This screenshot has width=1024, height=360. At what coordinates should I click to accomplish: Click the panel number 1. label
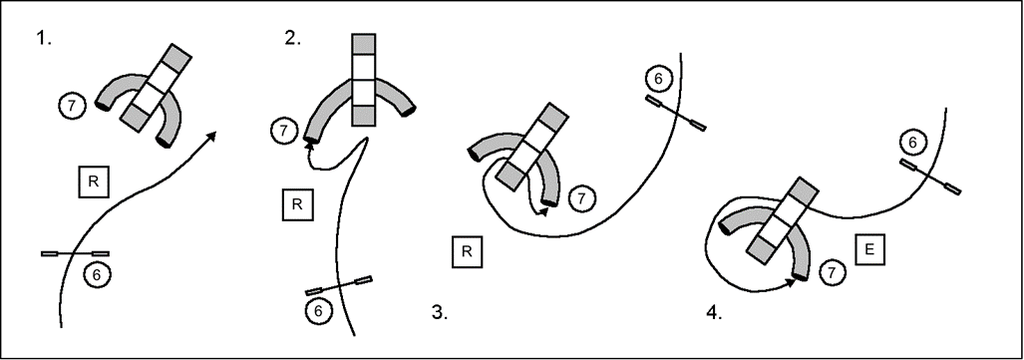click(x=44, y=39)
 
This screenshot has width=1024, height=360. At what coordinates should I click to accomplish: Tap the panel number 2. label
click(x=293, y=39)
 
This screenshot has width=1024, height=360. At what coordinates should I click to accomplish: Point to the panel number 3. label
click(x=440, y=312)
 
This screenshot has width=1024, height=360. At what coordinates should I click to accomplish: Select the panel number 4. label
click(x=715, y=312)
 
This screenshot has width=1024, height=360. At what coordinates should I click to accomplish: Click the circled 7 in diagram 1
click(x=71, y=106)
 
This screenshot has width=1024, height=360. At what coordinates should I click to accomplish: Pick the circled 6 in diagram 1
click(x=97, y=275)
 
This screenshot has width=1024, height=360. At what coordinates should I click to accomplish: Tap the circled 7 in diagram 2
click(x=283, y=131)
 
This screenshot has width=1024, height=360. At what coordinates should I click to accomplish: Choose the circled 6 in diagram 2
click(x=318, y=311)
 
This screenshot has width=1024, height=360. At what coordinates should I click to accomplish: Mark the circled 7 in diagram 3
click(x=582, y=198)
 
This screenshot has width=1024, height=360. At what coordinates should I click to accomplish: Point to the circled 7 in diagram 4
click(x=832, y=273)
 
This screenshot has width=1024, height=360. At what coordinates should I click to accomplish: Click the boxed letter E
click(x=869, y=249)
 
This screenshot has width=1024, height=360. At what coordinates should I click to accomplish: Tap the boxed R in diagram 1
click(x=94, y=182)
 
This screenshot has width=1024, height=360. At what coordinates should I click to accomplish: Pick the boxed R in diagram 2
click(x=297, y=204)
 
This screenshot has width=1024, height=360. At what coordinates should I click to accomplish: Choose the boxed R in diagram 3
click(x=467, y=252)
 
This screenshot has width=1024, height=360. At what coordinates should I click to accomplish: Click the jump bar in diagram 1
click(x=75, y=253)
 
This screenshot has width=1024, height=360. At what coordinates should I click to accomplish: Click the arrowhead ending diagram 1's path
click(x=211, y=136)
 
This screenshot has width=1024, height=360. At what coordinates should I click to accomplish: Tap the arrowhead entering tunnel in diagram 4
click(x=792, y=282)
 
